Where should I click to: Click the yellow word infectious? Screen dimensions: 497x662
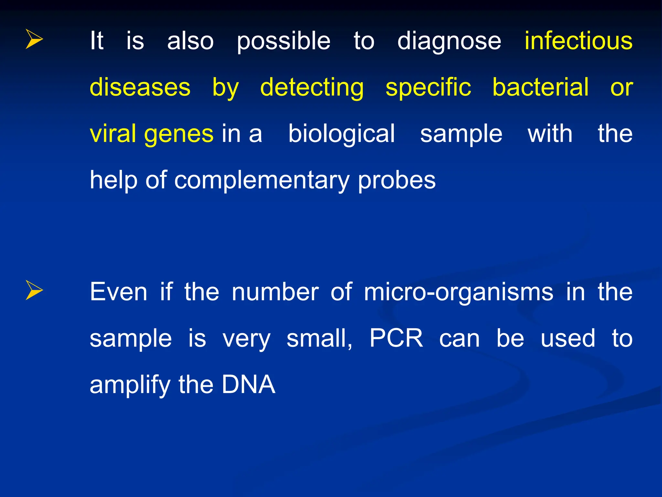point(578,41)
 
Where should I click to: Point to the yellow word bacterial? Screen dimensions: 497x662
point(540,87)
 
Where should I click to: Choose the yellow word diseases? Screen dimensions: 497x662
point(140,87)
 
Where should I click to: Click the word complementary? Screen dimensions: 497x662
point(262,181)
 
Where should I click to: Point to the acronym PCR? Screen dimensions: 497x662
point(396,338)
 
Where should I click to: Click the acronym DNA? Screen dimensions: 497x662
point(248,384)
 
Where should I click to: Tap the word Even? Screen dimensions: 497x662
point(119,292)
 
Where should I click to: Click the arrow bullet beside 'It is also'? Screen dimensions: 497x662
point(34,39)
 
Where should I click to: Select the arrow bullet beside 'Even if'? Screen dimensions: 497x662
point(34,290)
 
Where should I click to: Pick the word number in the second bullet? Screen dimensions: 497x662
point(275,292)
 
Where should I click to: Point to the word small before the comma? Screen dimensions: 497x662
point(318,338)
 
